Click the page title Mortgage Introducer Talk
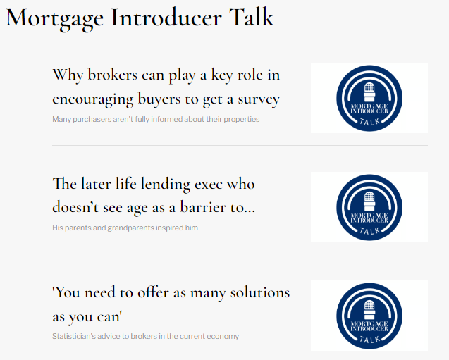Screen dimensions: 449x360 (x=140, y=18)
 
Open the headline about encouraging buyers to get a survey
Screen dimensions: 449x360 (x=166, y=87)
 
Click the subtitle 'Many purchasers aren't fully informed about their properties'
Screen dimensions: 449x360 (x=156, y=119)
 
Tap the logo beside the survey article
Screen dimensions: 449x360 (x=369, y=98)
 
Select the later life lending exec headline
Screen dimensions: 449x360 (x=154, y=196)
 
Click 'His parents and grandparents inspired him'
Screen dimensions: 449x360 (x=125, y=228)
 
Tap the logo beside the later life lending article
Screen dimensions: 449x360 (x=369, y=207)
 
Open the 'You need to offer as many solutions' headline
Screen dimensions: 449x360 (x=171, y=304)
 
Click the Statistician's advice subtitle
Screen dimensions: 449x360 (x=145, y=336)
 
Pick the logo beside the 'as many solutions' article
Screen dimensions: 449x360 (x=369, y=316)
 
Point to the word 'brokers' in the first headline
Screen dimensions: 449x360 (x=113, y=75)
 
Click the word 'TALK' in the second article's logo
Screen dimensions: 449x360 (x=369, y=230)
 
